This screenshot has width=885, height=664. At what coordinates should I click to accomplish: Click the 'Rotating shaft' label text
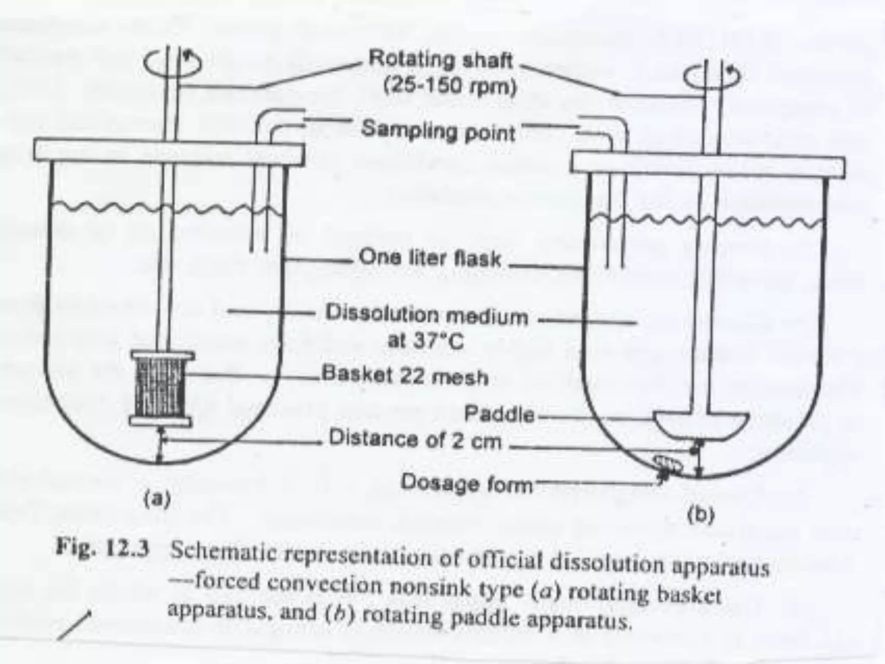(x=440, y=60)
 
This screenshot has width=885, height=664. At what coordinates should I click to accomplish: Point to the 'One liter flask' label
(x=430, y=258)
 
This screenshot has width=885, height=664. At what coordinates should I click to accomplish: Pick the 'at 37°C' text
(x=426, y=341)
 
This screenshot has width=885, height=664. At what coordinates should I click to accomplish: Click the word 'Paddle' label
(x=499, y=415)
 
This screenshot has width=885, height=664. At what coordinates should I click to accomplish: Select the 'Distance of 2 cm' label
(x=415, y=440)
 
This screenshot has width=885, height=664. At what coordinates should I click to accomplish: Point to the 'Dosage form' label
(x=467, y=483)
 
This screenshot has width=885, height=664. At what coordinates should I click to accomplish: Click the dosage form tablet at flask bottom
(x=668, y=466)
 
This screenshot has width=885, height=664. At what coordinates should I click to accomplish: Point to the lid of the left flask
(x=169, y=151)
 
